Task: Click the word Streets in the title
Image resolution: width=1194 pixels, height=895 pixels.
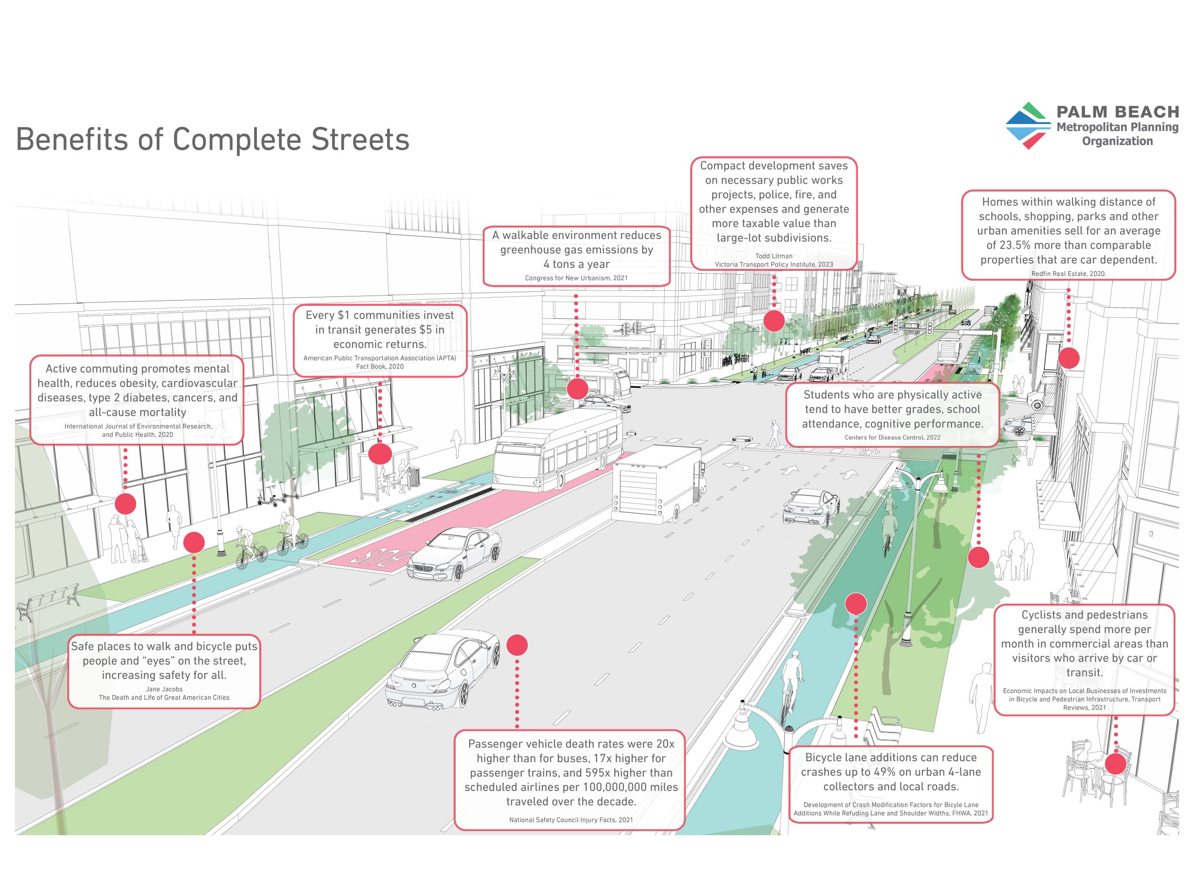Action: [x=360, y=139]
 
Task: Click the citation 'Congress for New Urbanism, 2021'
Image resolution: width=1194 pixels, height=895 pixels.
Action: [x=576, y=278]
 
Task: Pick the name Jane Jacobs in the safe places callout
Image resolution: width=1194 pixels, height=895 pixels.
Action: [x=164, y=689]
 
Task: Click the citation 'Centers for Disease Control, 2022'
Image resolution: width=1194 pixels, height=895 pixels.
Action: [x=892, y=438]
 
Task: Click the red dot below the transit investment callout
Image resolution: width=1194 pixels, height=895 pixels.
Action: [x=380, y=454]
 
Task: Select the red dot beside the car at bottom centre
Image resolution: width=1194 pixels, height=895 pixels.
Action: [x=517, y=645]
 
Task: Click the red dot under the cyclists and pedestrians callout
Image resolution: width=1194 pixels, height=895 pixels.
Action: [x=1115, y=764]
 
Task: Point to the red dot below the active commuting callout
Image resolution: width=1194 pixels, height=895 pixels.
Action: [x=125, y=504]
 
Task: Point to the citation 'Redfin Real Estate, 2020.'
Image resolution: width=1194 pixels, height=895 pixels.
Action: [x=1068, y=274]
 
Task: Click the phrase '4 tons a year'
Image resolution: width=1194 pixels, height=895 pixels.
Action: [x=576, y=264]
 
